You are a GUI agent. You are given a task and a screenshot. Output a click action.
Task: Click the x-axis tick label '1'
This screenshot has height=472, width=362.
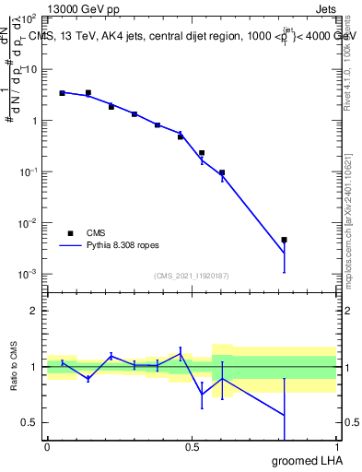[335, 447]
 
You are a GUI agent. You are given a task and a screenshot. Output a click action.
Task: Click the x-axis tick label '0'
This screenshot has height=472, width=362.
[47, 447]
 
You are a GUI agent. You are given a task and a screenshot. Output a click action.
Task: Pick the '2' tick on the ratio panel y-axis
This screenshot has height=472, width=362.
[34, 311]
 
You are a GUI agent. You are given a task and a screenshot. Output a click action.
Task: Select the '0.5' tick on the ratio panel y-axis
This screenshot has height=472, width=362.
[30, 422]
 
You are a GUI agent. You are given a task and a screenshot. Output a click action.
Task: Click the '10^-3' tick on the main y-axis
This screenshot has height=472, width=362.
[29, 275]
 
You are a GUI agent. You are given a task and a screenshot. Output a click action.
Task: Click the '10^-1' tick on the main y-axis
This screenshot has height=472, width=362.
[29, 172]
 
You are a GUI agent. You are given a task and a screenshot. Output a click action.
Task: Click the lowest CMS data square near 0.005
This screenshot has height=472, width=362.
[285, 240]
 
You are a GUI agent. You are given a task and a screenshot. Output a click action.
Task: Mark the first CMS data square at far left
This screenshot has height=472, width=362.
[62, 93]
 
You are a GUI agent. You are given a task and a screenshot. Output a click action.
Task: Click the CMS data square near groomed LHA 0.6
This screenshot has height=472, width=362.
[222, 172]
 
